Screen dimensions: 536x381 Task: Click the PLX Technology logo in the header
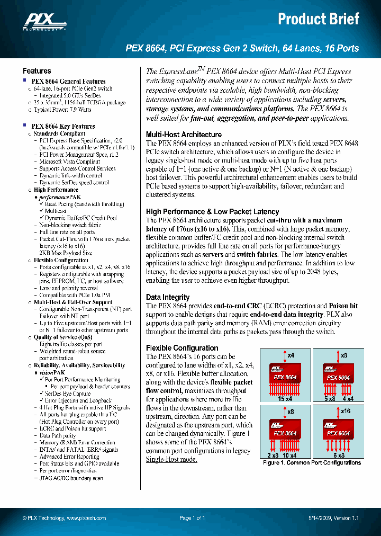tap(44, 21)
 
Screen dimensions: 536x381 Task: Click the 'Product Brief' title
tap(319, 20)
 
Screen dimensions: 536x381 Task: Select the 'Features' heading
tap(37, 71)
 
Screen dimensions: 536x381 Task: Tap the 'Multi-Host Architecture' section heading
tap(184, 135)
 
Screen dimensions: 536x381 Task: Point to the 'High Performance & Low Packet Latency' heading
tap(212, 212)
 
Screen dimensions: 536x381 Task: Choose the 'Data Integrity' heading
tap(167, 298)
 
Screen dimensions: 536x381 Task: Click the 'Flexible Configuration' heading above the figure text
tap(182, 348)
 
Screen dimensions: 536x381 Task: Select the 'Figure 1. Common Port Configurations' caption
tap(312, 462)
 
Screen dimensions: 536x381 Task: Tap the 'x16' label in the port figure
tap(346, 411)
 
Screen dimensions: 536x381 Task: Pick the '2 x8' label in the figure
tap(273, 455)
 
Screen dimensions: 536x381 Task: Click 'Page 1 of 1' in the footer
tap(192, 519)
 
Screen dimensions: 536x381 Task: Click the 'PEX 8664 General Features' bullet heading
tap(68, 82)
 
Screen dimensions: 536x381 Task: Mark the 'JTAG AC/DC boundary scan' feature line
tap(71, 478)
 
